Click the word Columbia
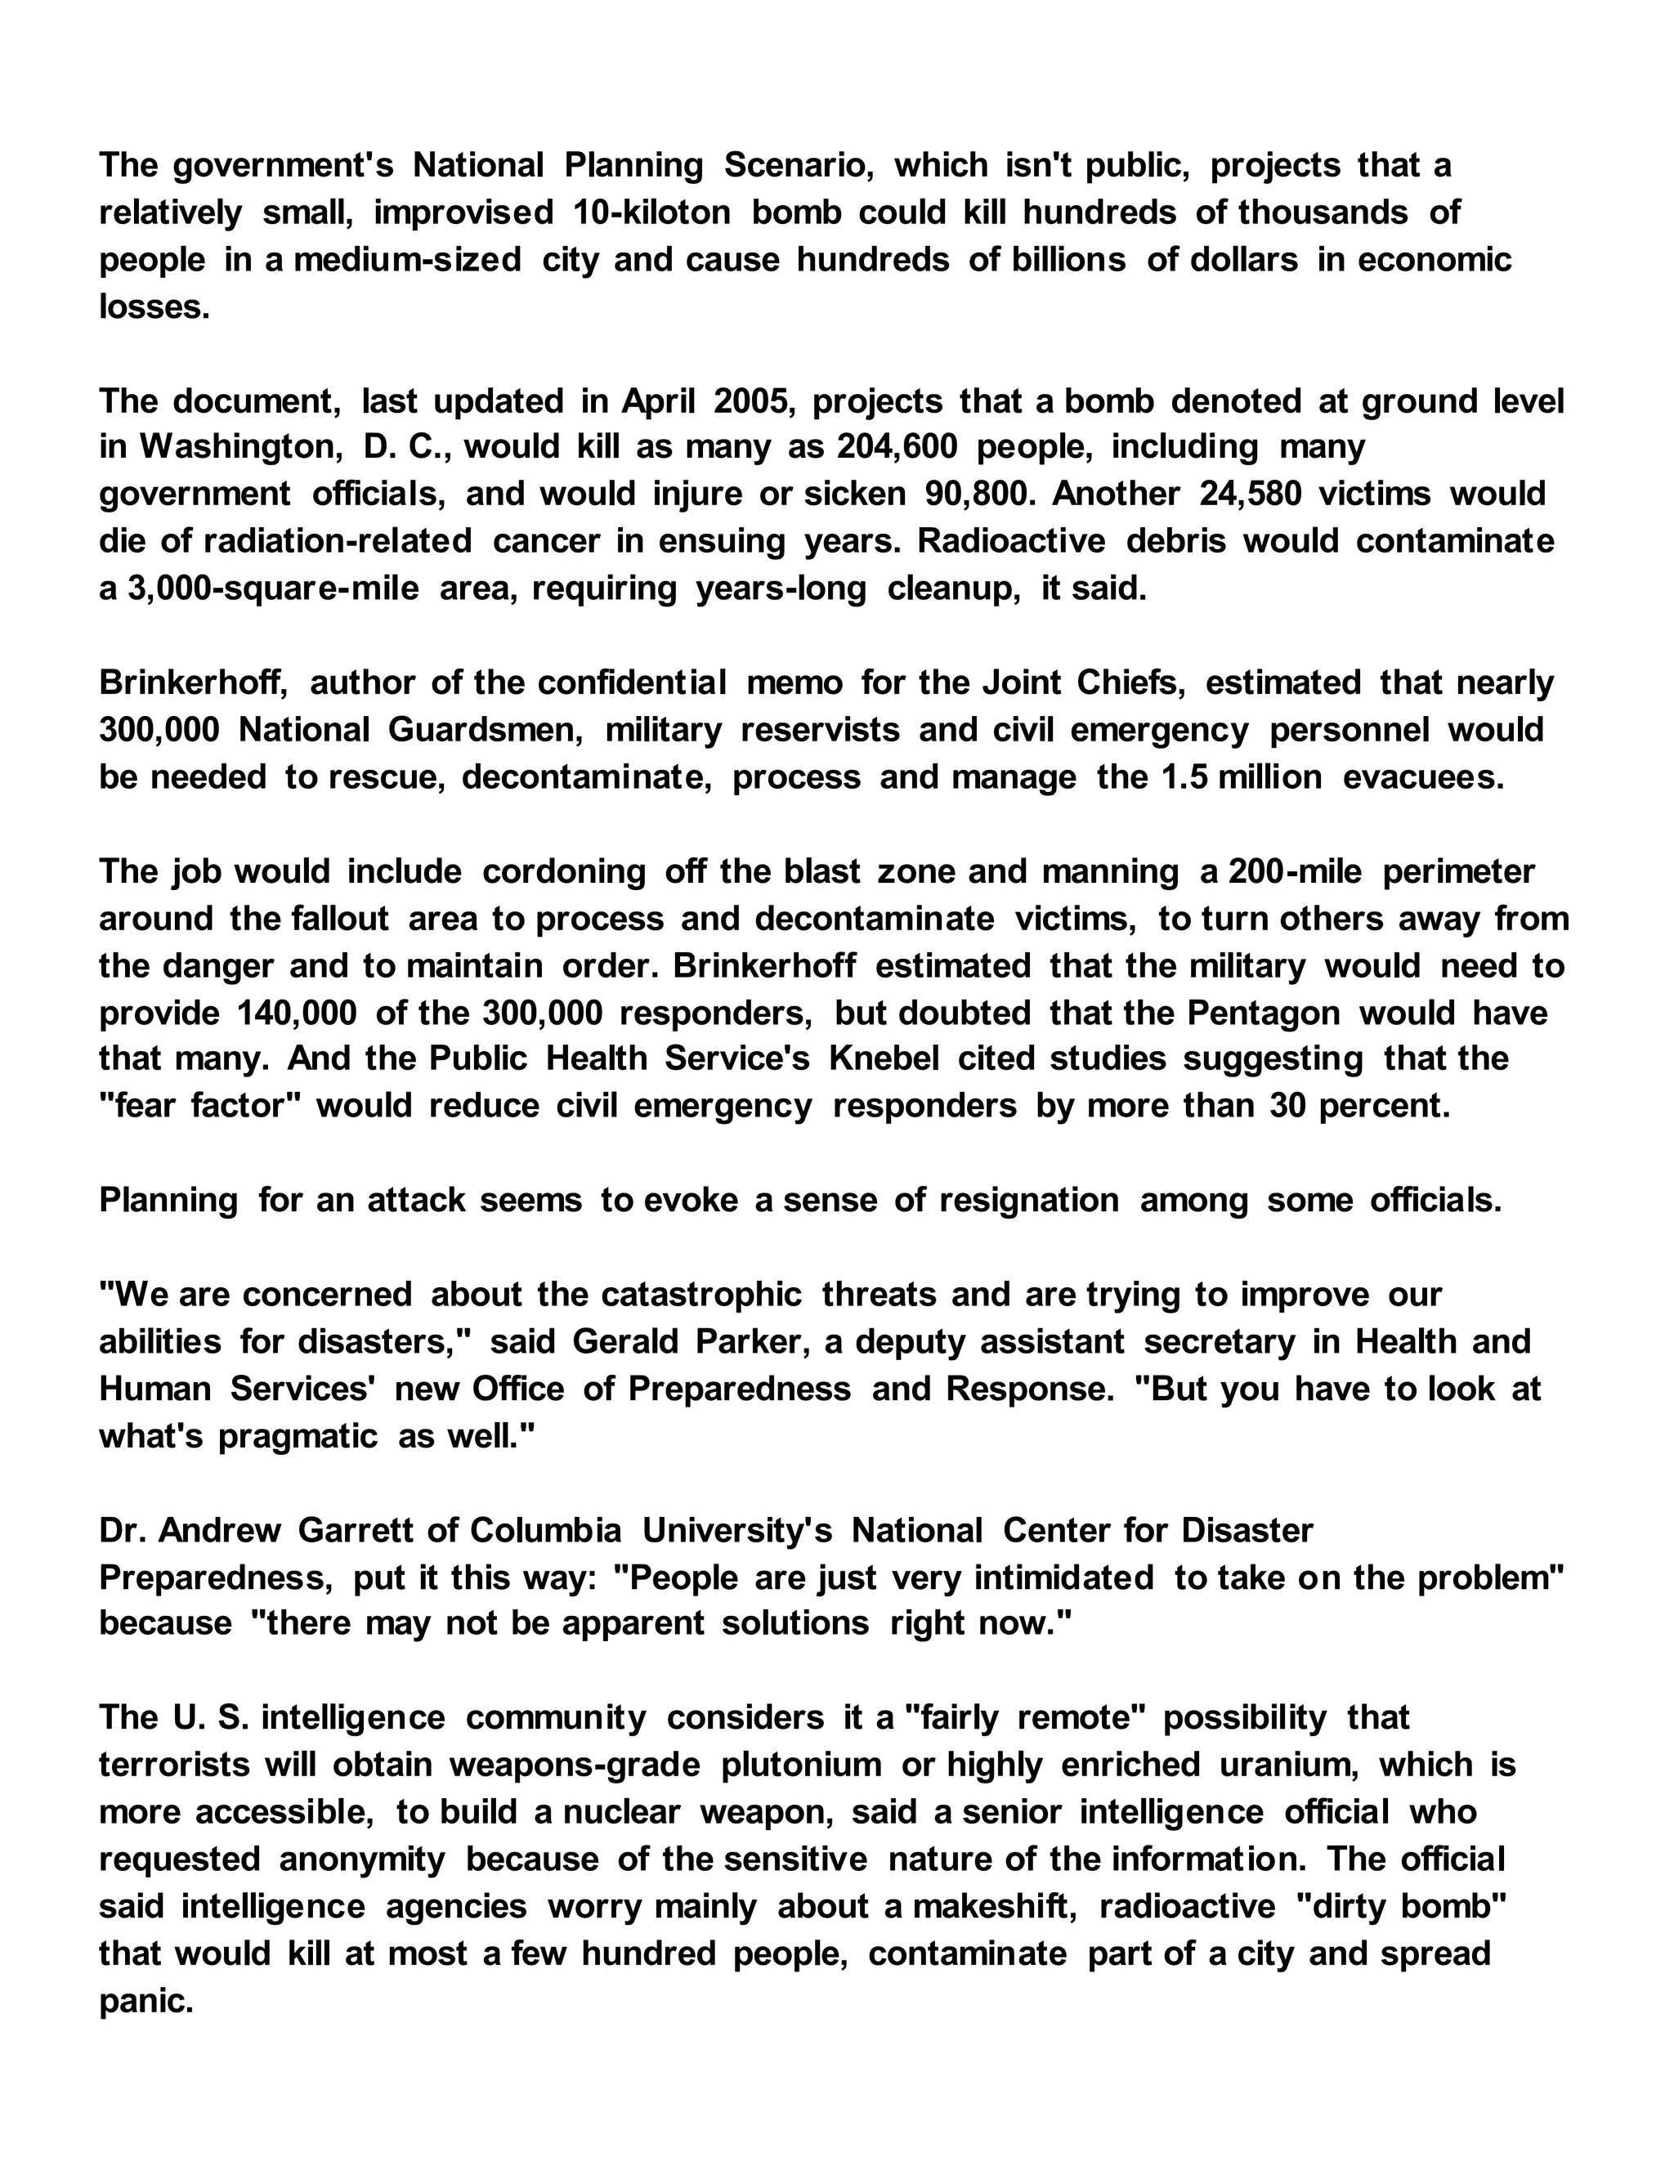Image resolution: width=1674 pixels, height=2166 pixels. [545, 1530]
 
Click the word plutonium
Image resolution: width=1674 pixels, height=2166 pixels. [801, 1765]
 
